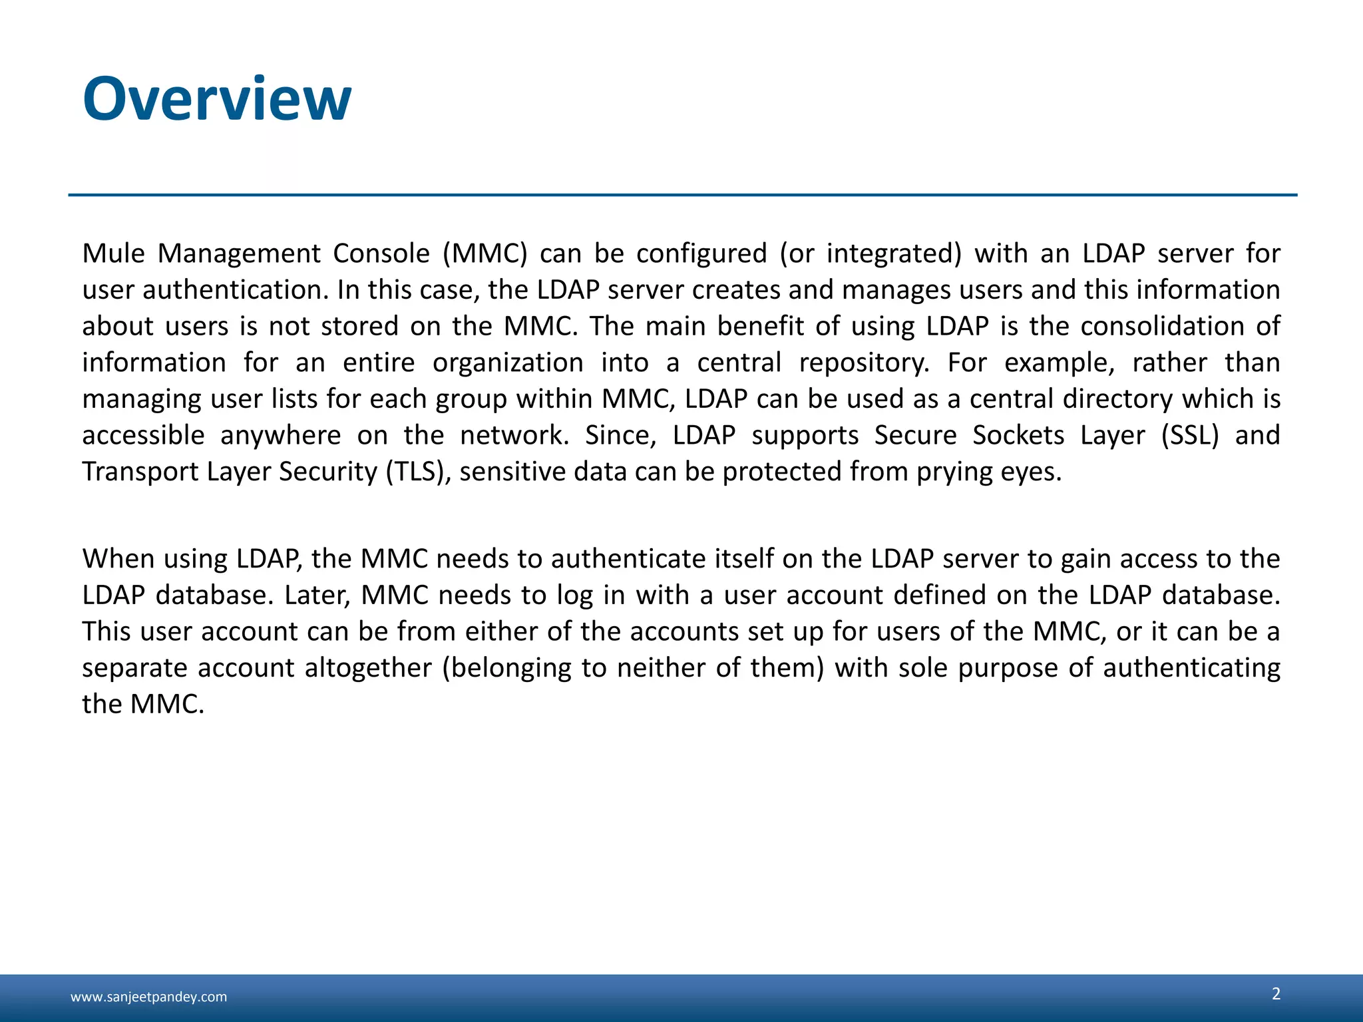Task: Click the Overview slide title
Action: pos(217,99)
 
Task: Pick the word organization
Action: pos(508,363)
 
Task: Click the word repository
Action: pos(863,363)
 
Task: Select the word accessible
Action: pos(143,435)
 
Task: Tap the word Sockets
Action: pos(1018,435)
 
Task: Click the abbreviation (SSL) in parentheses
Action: pos(1190,435)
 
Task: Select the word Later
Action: pos(317,595)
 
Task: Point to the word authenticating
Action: pos(1191,668)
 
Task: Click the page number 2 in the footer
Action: pos(1276,993)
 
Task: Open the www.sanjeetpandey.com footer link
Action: pos(148,997)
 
